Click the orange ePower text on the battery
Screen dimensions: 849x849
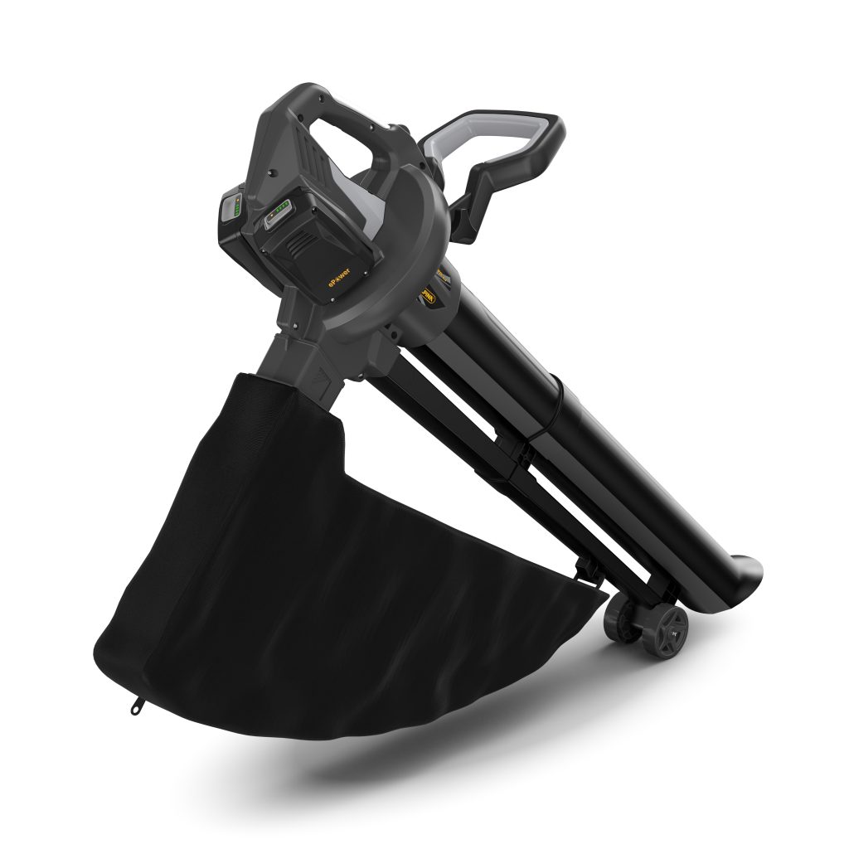(334, 283)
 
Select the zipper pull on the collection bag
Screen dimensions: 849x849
(135, 706)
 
